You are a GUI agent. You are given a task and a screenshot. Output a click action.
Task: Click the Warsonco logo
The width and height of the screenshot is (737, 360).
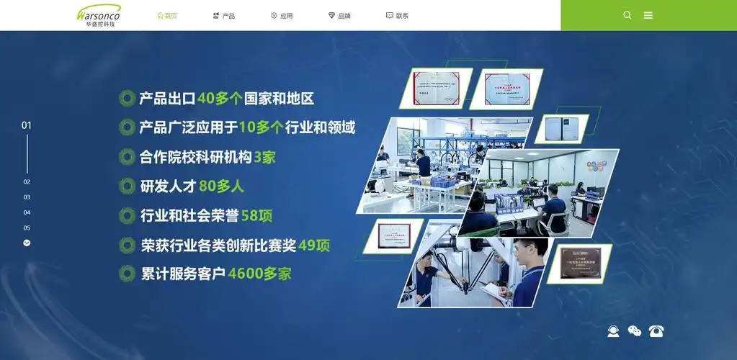click(x=99, y=15)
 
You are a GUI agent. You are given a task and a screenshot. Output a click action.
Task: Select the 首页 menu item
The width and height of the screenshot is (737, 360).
click(x=167, y=15)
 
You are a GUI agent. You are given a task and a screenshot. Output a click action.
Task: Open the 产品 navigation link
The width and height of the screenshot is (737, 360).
click(x=224, y=15)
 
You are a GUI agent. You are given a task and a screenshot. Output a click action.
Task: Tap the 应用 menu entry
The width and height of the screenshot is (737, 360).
click(x=282, y=15)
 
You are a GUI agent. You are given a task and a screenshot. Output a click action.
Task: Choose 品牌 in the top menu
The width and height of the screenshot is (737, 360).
click(x=339, y=15)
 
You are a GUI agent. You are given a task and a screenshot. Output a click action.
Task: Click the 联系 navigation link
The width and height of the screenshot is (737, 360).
click(x=397, y=15)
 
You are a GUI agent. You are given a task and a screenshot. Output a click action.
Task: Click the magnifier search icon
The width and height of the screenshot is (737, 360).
click(x=627, y=15)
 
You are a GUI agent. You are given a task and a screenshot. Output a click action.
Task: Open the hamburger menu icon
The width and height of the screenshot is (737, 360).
click(x=648, y=15)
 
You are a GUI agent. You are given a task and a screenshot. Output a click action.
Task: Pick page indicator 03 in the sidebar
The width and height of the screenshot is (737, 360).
click(x=27, y=197)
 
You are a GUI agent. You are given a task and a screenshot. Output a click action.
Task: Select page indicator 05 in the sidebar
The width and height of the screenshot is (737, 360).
click(x=27, y=228)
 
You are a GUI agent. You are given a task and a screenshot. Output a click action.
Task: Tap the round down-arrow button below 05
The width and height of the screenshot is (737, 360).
click(x=27, y=243)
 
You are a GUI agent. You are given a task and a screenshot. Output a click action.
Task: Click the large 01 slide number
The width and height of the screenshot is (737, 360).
click(x=27, y=125)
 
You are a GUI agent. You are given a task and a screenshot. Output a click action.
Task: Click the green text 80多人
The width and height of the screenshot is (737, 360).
click(x=221, y=186)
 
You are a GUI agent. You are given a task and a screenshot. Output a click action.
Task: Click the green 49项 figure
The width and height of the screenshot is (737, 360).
click(x=314, y=246)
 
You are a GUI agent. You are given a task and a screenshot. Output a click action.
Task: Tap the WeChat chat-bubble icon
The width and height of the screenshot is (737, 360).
click(x=635, y=331)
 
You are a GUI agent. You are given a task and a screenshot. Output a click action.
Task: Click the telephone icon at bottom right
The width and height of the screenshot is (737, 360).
click(x=656, y=331)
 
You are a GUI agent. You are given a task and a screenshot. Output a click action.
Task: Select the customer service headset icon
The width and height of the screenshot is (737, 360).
click(x=613, y=331)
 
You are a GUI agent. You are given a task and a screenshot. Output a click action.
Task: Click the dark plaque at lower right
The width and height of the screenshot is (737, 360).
click(x=581, y=262)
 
